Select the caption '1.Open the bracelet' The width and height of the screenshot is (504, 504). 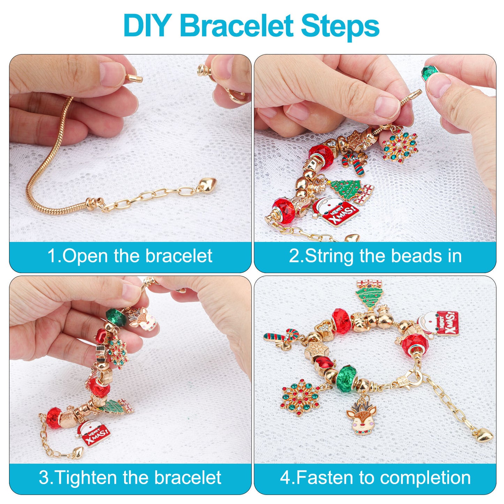[130, 256]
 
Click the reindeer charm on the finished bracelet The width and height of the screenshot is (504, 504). [361, 417]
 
